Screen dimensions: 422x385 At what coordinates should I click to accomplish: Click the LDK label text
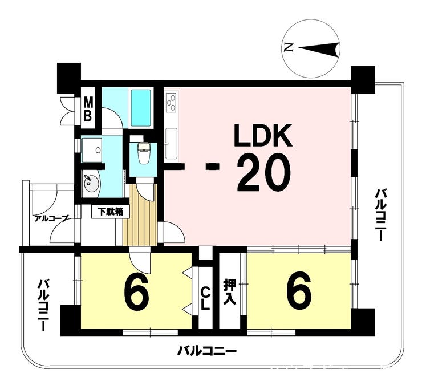263,135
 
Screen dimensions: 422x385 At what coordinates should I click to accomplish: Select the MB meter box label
88,110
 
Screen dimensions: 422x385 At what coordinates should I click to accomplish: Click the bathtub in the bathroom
140,108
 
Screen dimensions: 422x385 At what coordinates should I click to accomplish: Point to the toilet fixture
144,152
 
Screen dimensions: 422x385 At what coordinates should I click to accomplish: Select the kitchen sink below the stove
171,143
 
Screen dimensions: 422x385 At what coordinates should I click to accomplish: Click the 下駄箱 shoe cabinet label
110,212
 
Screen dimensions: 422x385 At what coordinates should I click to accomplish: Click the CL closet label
205,298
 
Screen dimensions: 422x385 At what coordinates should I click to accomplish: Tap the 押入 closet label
230,292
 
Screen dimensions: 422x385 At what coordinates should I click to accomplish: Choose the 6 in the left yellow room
136,293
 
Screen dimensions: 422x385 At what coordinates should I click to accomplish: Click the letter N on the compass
289,48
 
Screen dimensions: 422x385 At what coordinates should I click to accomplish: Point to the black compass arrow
319,50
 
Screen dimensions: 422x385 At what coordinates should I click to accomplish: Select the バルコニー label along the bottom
206,351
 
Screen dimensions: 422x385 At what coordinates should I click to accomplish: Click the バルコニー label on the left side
43,305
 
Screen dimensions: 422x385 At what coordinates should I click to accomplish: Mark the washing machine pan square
92,150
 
